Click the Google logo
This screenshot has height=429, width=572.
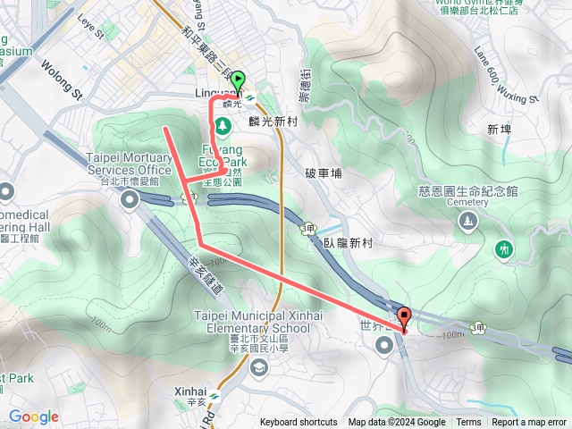pos(34,416)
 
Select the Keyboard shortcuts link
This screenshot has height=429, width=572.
pos(299,423)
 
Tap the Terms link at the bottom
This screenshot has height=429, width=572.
pos(468,423)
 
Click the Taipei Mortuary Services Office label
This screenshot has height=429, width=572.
pos(128,164)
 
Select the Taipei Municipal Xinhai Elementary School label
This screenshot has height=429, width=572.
pos(252,322)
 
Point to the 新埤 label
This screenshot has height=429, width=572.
pos(499,130)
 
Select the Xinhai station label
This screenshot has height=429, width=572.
pos(190,391)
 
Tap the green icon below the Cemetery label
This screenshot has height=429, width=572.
pos(504,248)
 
